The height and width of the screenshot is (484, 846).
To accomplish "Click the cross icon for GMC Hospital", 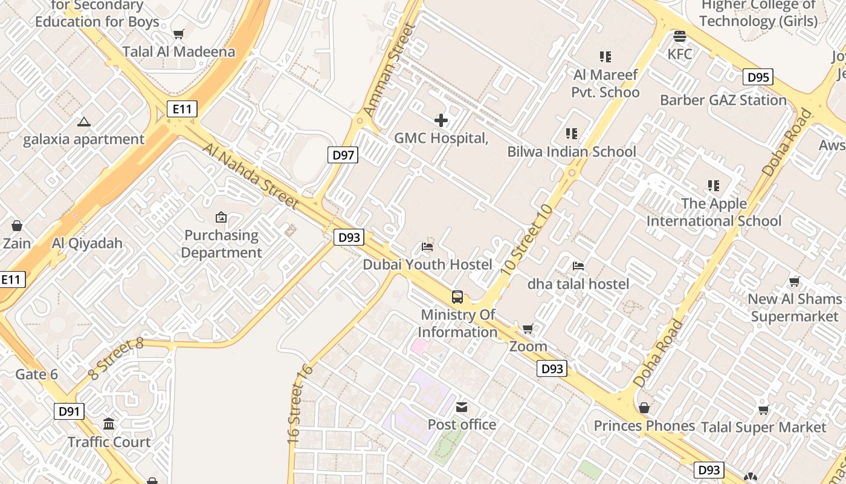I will coord(441,120).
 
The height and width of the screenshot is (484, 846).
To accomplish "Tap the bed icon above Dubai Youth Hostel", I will coord(427,247).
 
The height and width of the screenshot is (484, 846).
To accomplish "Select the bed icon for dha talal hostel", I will coord(578,266).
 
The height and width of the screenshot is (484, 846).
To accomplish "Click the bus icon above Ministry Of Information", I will coord(457,297).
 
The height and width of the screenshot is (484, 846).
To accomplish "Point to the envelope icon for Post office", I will coord(462,407).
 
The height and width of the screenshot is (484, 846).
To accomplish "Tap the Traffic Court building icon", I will coord(109,423).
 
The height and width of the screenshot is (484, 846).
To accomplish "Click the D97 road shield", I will coord(343,155).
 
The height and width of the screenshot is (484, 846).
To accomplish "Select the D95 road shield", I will coord(758,77).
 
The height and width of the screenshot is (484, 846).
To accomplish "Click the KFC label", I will coord(680,54).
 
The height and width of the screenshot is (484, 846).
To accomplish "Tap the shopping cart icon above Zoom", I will coord(528,329).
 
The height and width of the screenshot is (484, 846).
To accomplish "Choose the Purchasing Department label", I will coord(222,244).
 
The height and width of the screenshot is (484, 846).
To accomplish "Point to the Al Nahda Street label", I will coord(250,175).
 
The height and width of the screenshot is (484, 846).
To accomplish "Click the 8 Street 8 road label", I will coord(116,359).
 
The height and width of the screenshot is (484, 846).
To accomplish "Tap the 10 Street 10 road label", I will coord(527,240).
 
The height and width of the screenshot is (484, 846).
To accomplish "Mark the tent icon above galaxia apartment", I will coord(83,122).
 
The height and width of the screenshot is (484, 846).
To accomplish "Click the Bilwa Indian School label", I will coord(572,151).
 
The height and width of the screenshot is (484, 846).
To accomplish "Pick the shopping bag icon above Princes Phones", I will coord(644,408).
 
